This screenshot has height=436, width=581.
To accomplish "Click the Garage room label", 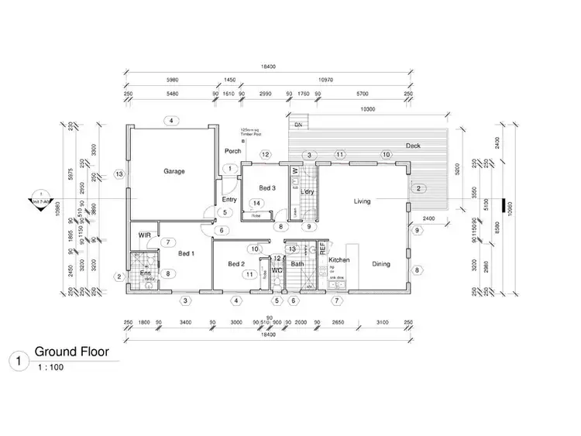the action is (x=174, y=171).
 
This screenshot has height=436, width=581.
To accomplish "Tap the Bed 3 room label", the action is (x=266, y=188).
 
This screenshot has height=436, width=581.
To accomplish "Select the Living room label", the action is (x=362, y=201).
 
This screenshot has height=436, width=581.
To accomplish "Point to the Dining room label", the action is (x=381, y=264).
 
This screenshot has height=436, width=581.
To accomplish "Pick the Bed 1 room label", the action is (x=186, y=253).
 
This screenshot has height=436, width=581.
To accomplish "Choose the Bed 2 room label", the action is (x=236, y=264).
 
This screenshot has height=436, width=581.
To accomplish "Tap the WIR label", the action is (x=144, y=235).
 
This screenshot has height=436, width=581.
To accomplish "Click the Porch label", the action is (x=232, y=150).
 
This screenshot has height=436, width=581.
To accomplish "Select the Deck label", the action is (x=413, y=146).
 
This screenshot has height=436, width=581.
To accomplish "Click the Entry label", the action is (x=230, y=199).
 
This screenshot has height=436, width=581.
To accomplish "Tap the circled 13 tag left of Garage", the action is (x=119, y=174).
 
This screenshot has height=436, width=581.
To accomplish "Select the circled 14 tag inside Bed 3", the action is (x=256, y=203).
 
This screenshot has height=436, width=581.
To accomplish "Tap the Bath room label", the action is (x=297, y=264).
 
